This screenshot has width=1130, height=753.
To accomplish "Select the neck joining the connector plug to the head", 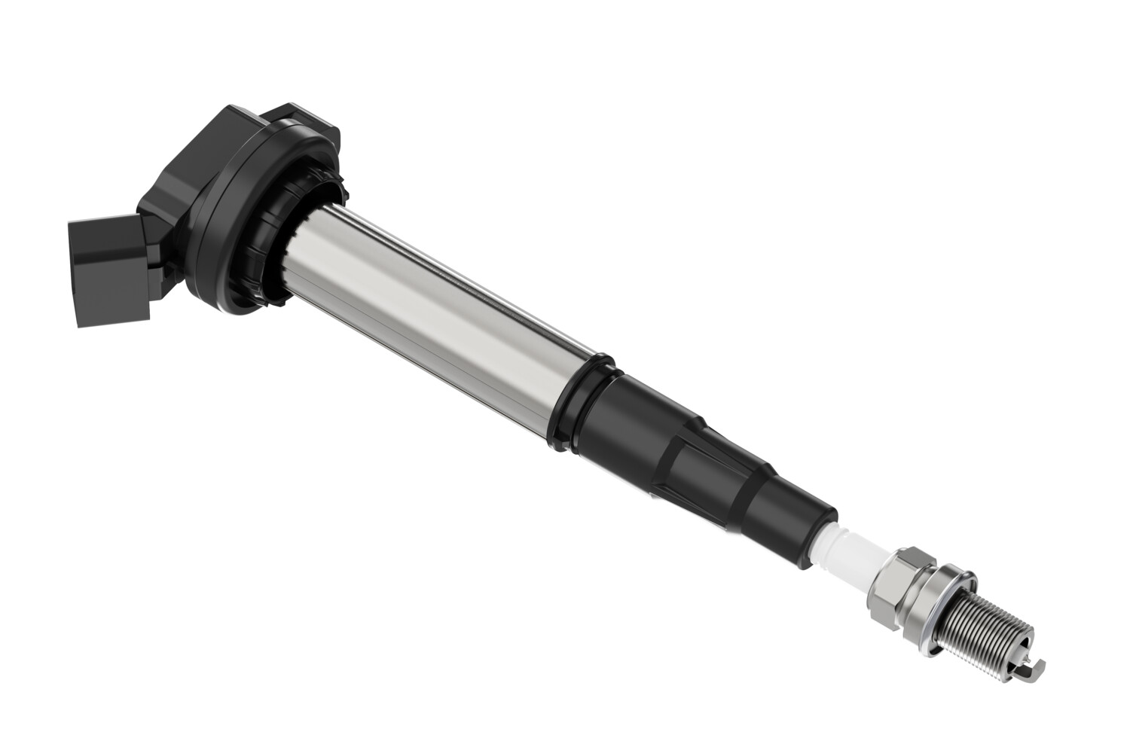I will [x=147, y=248].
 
